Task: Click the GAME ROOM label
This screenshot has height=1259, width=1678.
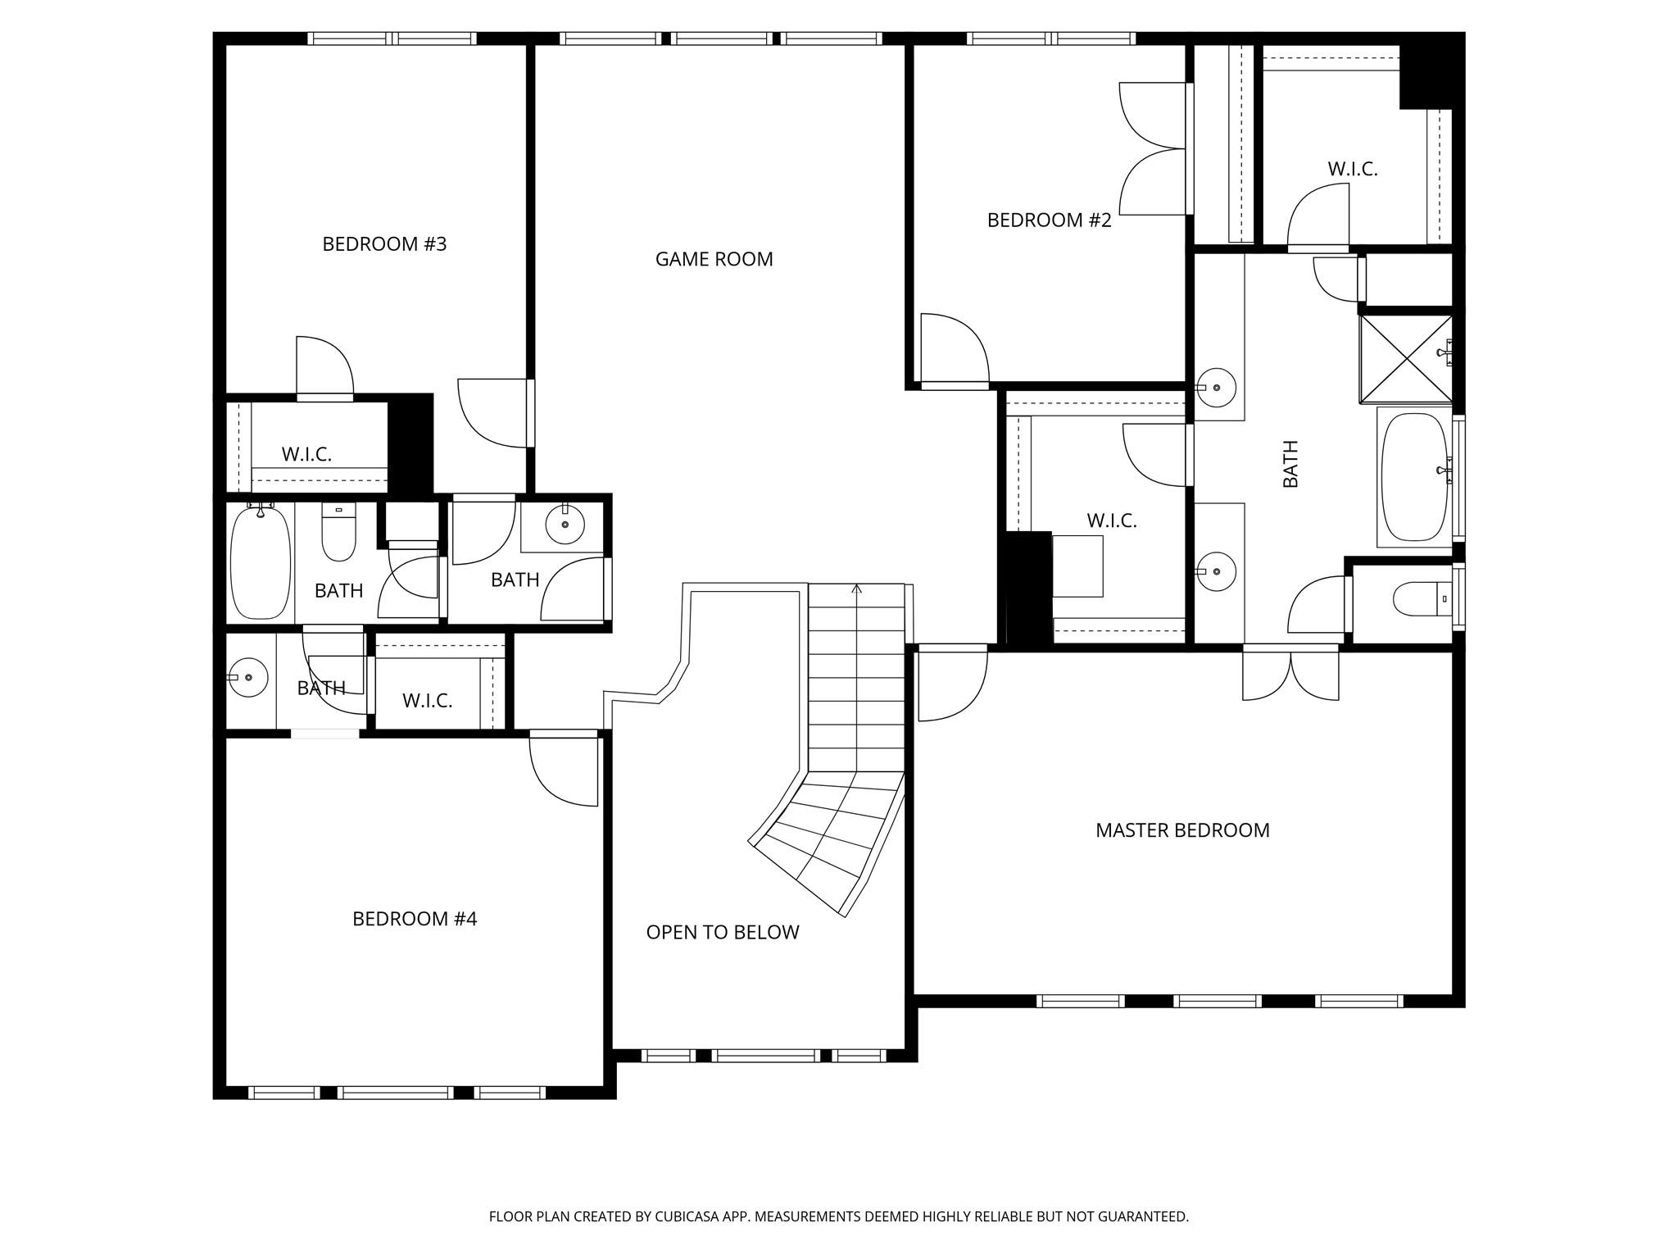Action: (714, 259)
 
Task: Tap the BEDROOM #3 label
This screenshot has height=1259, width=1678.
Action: (384, 244)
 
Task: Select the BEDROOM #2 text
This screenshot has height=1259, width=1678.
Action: (1049, 220)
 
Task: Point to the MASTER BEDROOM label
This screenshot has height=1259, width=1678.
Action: (1182, 830)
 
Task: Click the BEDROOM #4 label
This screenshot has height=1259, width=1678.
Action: (415, 919)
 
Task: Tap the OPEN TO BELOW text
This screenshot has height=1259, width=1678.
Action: (722, 932)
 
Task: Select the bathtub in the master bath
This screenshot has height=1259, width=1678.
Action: (1414, 477)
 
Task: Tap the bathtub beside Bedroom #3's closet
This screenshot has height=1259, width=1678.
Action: (261, 562)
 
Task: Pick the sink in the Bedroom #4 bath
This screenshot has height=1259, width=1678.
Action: (248, 678)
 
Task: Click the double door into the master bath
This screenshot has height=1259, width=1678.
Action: (1290, 673)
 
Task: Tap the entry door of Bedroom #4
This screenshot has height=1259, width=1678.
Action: (564, 768)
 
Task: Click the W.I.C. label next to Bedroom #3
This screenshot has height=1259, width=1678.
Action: (306, 455)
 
